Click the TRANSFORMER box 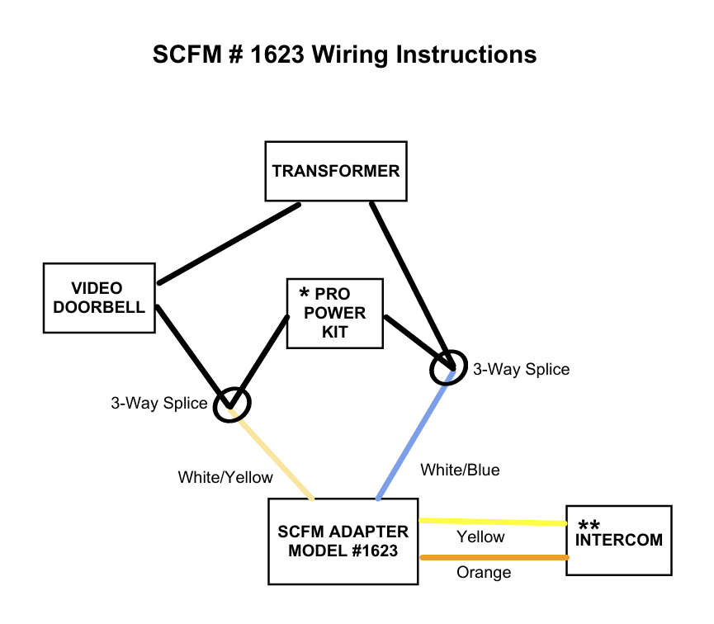335,171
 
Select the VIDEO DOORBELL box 99,298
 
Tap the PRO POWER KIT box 335,313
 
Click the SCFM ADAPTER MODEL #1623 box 343,541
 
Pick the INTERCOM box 619,540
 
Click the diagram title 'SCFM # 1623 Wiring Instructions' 345,55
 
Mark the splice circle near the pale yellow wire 232,404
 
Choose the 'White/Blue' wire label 460,470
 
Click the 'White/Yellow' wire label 225,477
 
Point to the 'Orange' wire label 484,572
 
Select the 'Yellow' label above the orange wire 480,537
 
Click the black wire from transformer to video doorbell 229,243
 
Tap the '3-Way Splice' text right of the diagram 521,369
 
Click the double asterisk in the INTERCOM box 589,526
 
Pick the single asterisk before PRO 305,293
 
